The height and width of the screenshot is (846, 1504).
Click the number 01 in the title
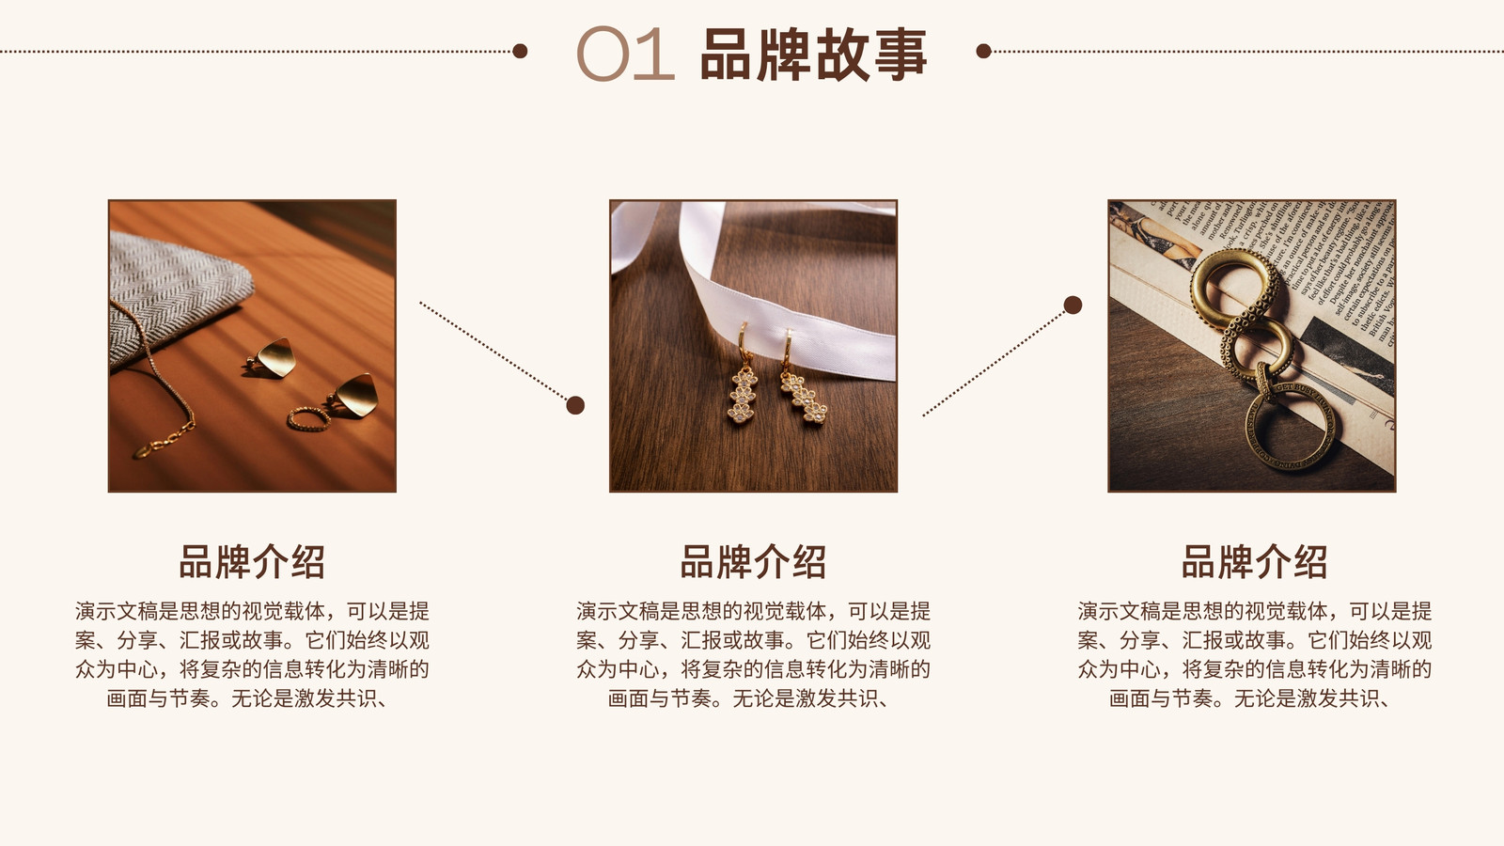pos(625,54)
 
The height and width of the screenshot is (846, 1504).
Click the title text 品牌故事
pos(813,55)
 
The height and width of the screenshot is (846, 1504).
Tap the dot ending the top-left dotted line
pos(520,51)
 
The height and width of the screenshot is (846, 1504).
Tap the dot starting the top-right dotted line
pos(983,51)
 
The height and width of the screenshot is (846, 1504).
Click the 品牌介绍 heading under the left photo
pos(252,562)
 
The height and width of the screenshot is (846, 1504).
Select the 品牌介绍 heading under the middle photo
pos(753,562)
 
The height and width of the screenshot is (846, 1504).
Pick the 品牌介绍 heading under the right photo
pos(1254,562)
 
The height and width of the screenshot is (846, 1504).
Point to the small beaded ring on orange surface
pos(309,418)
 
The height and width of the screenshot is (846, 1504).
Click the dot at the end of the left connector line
pos(575,405)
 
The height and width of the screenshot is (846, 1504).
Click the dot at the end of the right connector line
pos(1073,305)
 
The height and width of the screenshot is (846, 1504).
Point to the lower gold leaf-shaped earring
pos(353,396)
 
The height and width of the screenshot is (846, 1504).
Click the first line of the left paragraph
pos(252,611)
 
